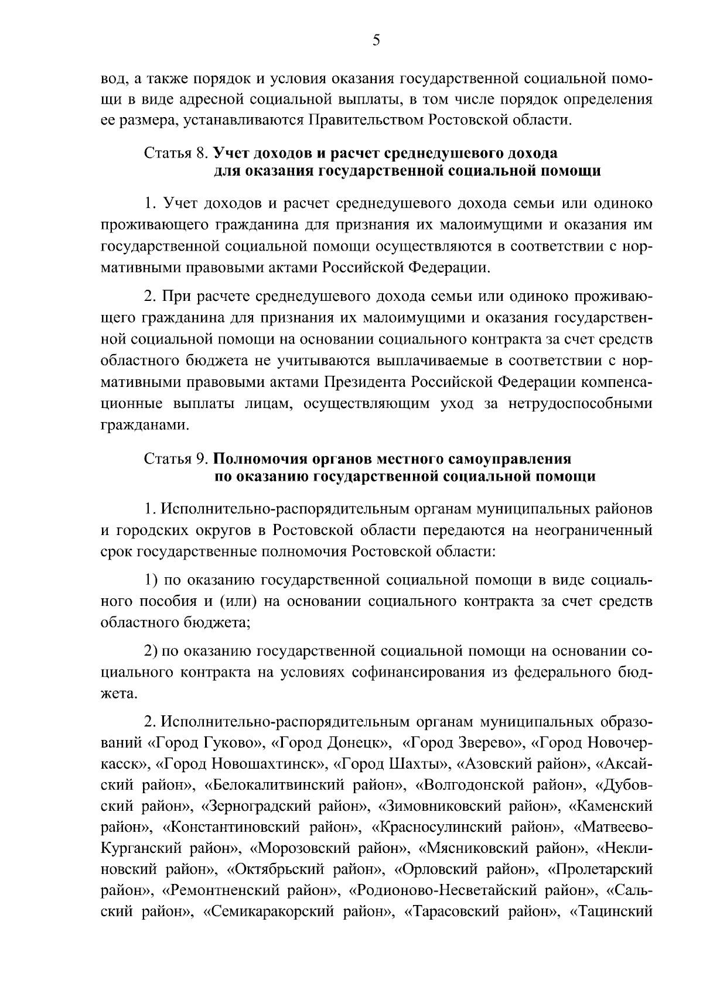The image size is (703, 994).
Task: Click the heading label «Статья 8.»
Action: [176, 153]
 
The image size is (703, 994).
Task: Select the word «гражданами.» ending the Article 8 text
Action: [145, 426]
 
